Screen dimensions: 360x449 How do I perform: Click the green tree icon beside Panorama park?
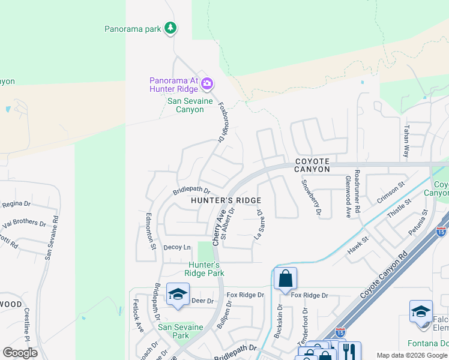[x=171, y=28]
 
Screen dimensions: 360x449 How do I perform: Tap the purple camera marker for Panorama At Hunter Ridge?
[x=207, y=83]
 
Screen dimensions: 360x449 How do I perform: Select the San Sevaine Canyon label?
[x=190, y=105]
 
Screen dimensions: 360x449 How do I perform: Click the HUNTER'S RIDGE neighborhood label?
[x=226, y=200]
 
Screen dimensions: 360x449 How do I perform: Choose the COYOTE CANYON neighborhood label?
[x=312, y=166]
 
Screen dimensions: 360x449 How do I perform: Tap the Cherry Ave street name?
[x=218, y=221]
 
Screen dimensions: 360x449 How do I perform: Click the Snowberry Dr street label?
[x=311, y=197]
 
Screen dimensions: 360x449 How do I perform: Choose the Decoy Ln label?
[x=177, y=247]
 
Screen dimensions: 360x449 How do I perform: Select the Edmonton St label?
[x=152, y=231]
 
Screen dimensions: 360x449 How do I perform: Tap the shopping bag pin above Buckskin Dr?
[x=285, y=279]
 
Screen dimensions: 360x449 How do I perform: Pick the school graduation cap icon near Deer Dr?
[x=178, y=294]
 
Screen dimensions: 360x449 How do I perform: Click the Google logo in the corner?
[x=20, y=353]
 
